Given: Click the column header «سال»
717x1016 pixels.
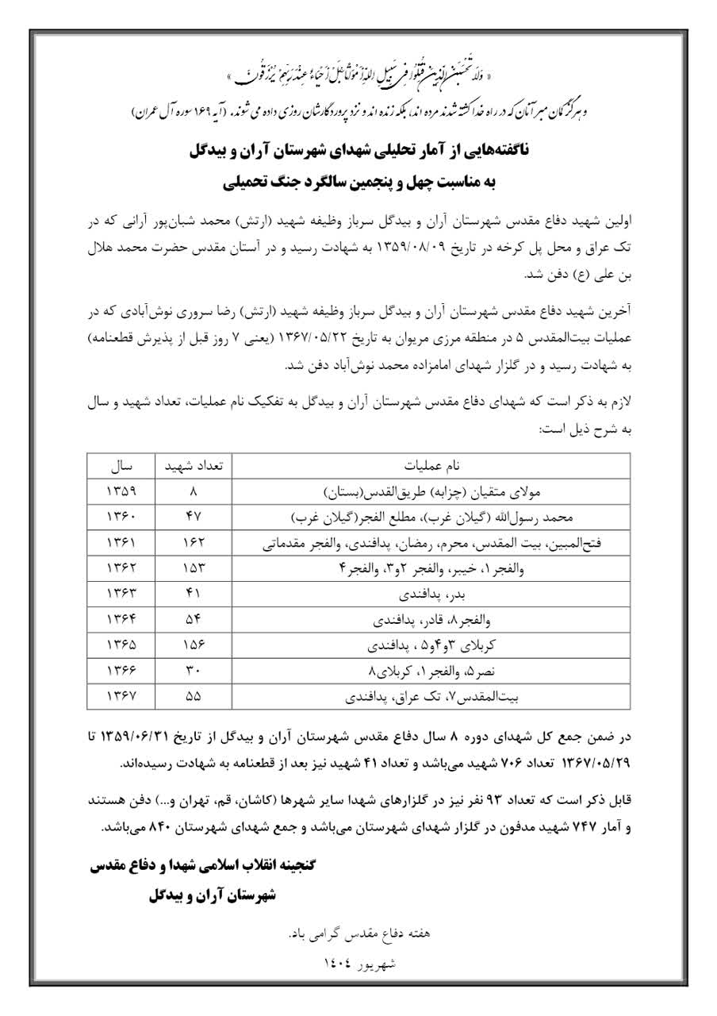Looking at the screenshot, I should (121, 466).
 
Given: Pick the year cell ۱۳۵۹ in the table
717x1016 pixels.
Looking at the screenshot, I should (121, 491).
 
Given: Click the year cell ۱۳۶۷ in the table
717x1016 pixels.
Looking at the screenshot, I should (121, 699).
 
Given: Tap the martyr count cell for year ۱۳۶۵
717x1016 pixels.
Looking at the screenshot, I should (194, 647).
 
